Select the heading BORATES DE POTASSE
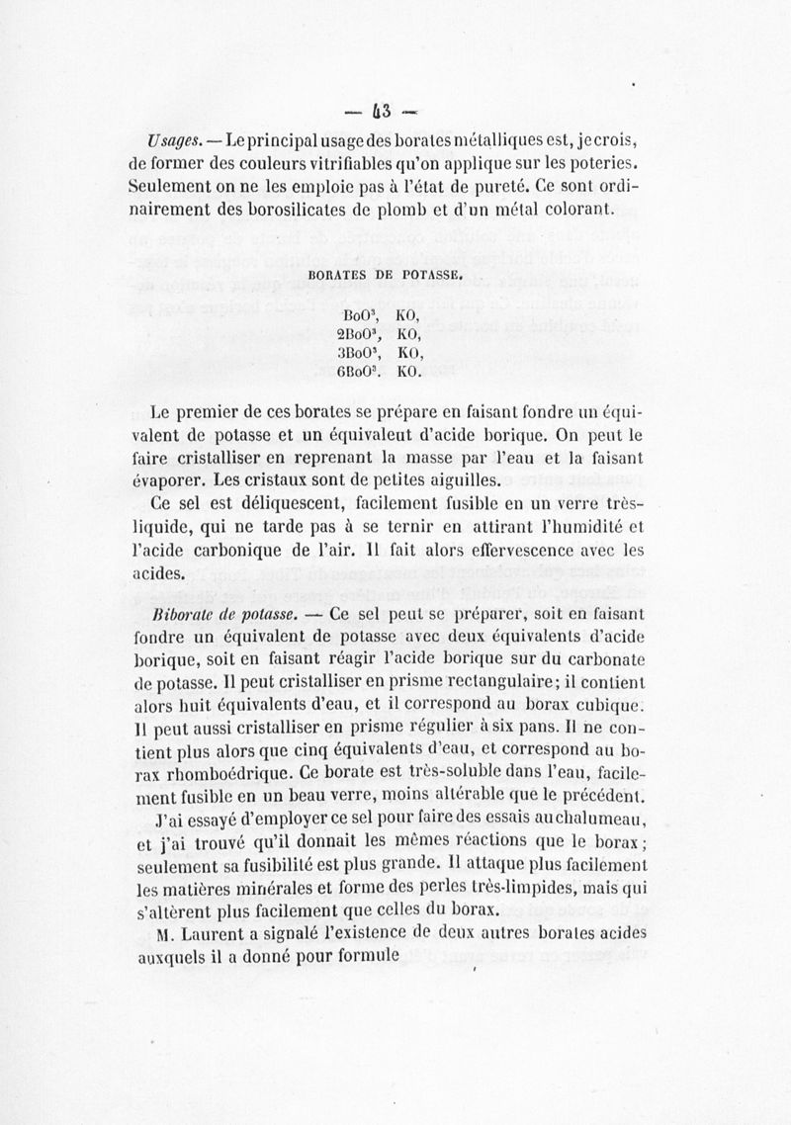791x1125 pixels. [x=386, y=279]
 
